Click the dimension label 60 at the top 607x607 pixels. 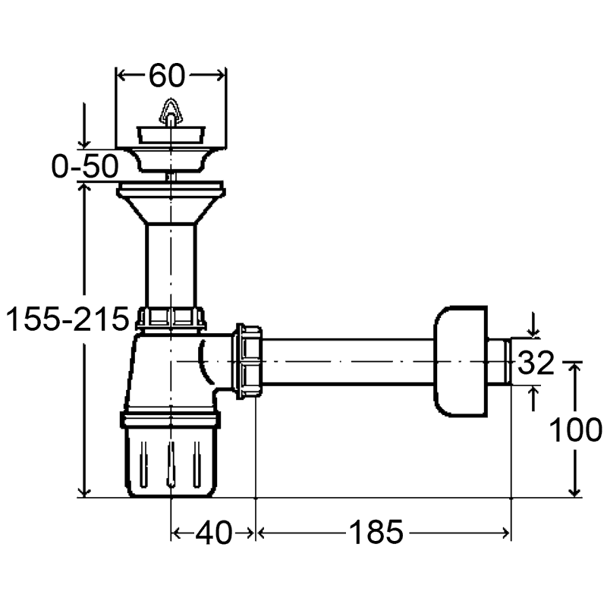point(167,76)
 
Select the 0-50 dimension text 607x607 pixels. point(85,166)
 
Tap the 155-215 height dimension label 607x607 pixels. point(68,319)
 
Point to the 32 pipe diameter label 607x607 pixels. point(536,363)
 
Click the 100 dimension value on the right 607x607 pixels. point(576,429)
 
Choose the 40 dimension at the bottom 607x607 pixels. point(214,533)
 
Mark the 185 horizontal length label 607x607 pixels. point(376,532)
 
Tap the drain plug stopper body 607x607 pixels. point(170,134)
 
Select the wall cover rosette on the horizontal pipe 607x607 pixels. point(461,362)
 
